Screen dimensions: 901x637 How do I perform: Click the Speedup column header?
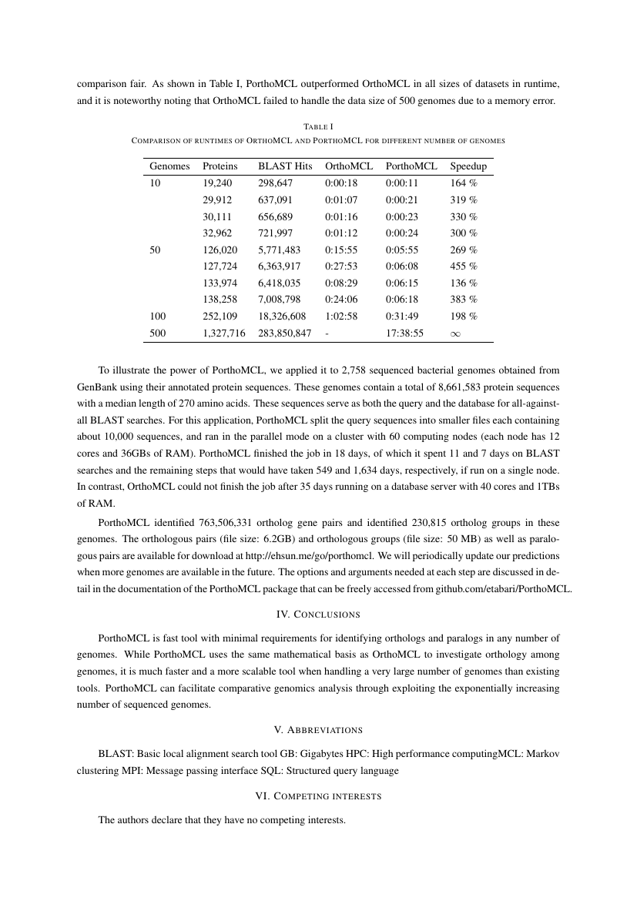coord(468,166)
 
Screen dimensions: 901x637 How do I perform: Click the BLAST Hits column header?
coord(285,166)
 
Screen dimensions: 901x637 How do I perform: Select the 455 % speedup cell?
coord(464,266)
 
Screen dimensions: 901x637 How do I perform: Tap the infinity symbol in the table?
coord(456,333)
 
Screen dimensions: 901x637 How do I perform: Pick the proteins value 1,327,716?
coord(224,333)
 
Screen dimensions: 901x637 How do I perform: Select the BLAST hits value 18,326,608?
coord(282,317)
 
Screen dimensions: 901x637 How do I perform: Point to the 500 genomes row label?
coord(157,333)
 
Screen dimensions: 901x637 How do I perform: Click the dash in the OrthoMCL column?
coord(328,333)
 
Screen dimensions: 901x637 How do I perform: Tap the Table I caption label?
coord(318,126)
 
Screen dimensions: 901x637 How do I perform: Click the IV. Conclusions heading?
coord(318,615)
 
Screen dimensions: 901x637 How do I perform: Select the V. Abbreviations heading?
coord(318,729)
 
